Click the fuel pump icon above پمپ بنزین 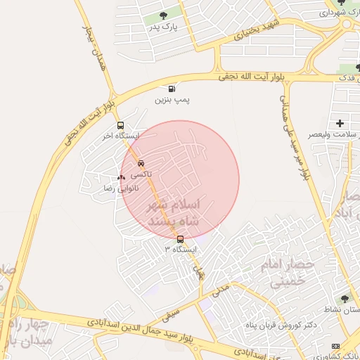coord(172,89)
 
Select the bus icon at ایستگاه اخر coord(120,125)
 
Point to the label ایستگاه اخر coord(120,136)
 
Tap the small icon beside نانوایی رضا coord(122,176)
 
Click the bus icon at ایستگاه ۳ coord(180,239)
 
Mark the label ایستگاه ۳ coord(181,250)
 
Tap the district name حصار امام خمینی coord(285,274)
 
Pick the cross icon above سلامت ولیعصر coord(340,123)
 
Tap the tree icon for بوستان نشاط coord(345,299)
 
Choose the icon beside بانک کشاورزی coord(336,346)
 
